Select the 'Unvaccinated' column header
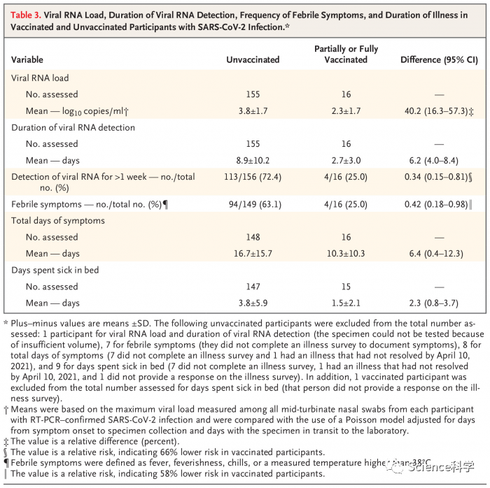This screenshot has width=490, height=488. [253, 59]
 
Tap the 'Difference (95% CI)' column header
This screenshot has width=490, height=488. [438, 59]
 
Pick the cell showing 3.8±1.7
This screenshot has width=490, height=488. [253, 110]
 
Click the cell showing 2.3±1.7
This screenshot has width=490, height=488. [346, 110]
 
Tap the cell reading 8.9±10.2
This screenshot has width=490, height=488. [253, 160]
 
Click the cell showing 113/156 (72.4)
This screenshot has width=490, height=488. [253, 177]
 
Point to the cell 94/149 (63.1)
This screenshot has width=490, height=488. [253, 204]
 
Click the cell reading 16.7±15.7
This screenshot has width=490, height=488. [253, 253]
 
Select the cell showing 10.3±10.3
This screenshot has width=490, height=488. [346, 253]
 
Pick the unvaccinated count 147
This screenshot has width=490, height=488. [253, 287]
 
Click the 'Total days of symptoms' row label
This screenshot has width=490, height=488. [58, 221]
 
